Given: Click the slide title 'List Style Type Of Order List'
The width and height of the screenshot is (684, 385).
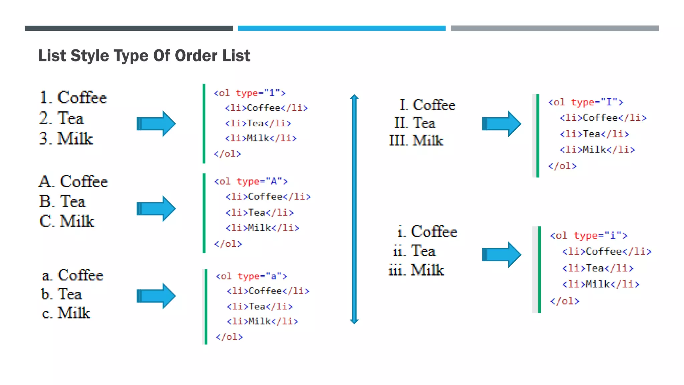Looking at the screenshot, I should tap(144, 55).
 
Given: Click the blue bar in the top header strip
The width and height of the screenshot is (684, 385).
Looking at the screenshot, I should tap(341, 28).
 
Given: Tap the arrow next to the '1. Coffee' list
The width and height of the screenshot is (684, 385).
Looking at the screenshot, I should tap(156, 124).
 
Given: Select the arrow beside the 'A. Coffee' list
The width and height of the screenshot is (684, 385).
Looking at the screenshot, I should tap(156, 209).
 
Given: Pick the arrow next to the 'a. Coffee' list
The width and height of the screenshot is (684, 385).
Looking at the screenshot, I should tap(156, 296).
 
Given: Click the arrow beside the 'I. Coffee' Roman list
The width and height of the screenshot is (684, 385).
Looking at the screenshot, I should tap(501, 124).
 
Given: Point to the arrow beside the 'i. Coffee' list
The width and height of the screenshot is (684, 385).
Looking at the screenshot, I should tap(501, 255).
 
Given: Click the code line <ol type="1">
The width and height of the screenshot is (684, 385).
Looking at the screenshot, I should tap(249, 93).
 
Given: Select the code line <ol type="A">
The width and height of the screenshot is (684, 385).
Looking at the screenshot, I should tap(250, 181).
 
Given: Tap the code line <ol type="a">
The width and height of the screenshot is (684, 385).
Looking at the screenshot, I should tap(251, 276).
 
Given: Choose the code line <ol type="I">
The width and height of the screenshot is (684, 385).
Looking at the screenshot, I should tap(585, 102).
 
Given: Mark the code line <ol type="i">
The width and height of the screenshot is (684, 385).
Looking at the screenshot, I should tap(588, 236).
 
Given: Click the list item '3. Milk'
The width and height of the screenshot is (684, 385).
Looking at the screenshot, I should tap(66, 138).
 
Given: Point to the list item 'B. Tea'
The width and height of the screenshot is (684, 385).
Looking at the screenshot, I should tap(62, 202).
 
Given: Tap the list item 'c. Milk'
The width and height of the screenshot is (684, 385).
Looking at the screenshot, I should tap(66, 313).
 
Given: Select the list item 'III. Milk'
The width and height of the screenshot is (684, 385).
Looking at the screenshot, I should tap(416, 140).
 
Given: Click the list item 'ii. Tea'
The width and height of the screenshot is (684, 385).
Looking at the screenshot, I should tap(414, 251).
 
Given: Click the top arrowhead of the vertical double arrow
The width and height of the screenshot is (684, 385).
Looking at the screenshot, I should tap(354, 97).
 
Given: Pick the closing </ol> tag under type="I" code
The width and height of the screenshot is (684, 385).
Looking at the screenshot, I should tap(562, 166).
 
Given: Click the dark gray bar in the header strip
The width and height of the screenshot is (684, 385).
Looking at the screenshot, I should tap(129, 28).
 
